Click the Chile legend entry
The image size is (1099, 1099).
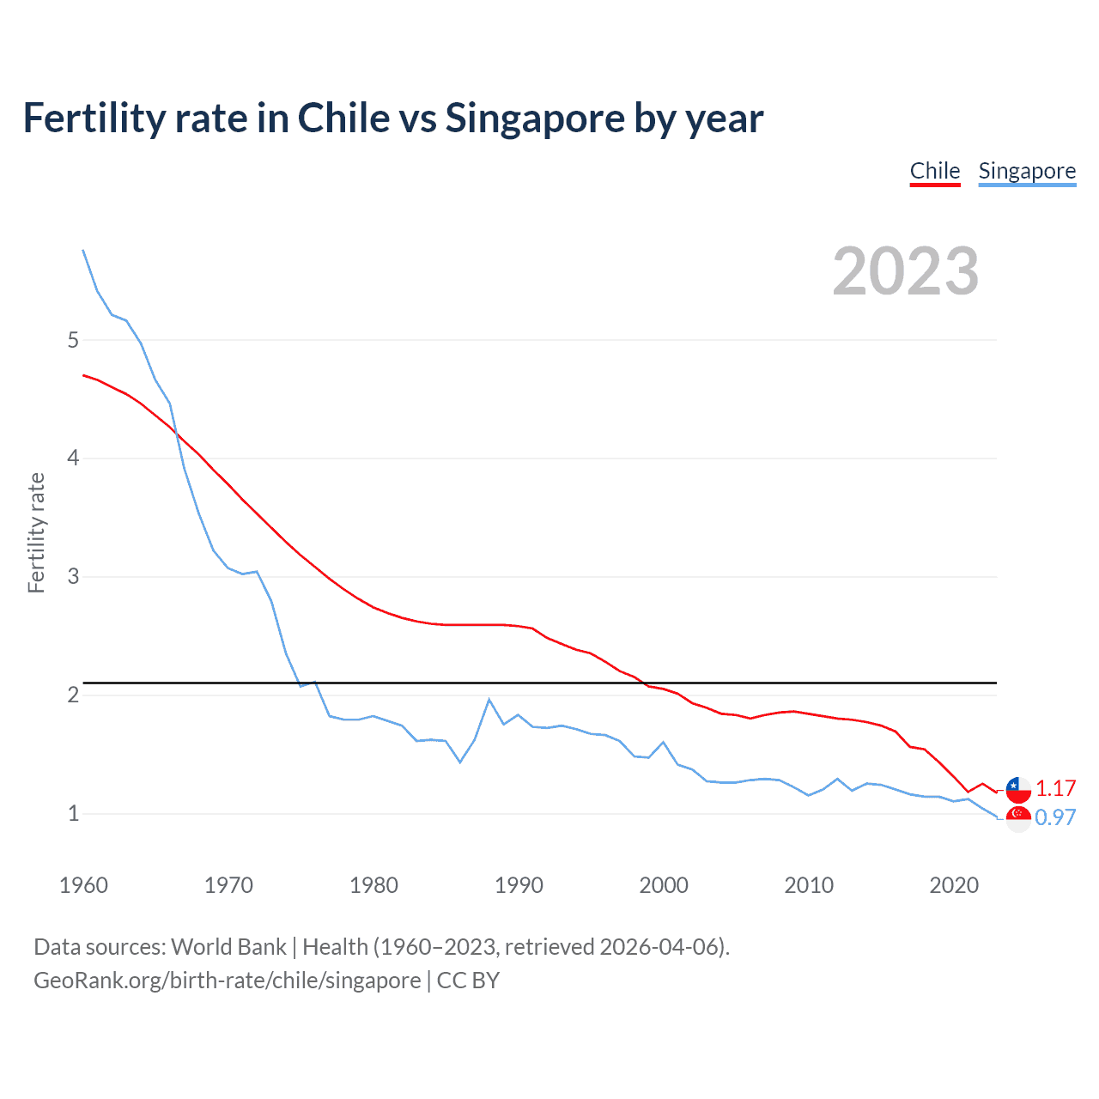934,171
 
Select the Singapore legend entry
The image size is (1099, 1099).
1027,171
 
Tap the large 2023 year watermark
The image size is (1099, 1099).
905,271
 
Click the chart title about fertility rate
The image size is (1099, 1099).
393,118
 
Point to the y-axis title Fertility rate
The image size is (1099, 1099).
36,532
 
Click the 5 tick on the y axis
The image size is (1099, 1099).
73,340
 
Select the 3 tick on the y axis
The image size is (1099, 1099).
73,576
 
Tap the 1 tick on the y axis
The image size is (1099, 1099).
73,813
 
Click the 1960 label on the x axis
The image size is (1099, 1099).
83,885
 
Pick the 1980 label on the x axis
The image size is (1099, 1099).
373,885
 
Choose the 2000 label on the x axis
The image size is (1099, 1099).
664,885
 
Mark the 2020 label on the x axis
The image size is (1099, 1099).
954,885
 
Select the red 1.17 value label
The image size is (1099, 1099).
1055,788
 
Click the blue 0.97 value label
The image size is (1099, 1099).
1055,817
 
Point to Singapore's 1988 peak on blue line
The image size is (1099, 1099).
489,700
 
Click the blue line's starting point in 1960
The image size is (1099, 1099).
83,250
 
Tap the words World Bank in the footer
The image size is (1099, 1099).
228,947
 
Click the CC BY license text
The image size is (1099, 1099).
468,981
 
